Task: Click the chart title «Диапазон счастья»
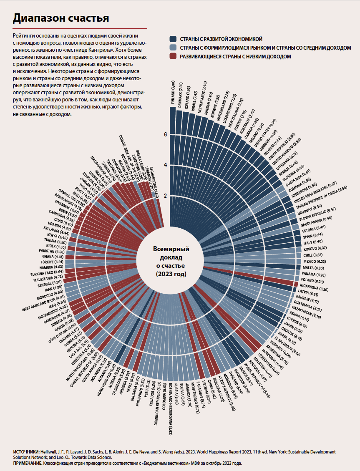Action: click(61, 18)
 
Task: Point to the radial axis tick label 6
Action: click(166, 134)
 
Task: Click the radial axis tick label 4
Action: click(166, 165)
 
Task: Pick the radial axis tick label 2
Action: click(166, 196)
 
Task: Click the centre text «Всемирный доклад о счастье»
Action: click(171, 261)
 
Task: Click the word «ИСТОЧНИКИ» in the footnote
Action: click(26, 452)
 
